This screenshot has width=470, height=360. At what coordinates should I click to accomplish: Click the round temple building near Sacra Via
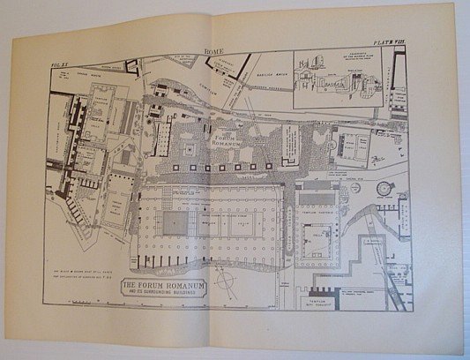[383, 188]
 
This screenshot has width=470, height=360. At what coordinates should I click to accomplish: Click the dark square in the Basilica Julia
[175, 222]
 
